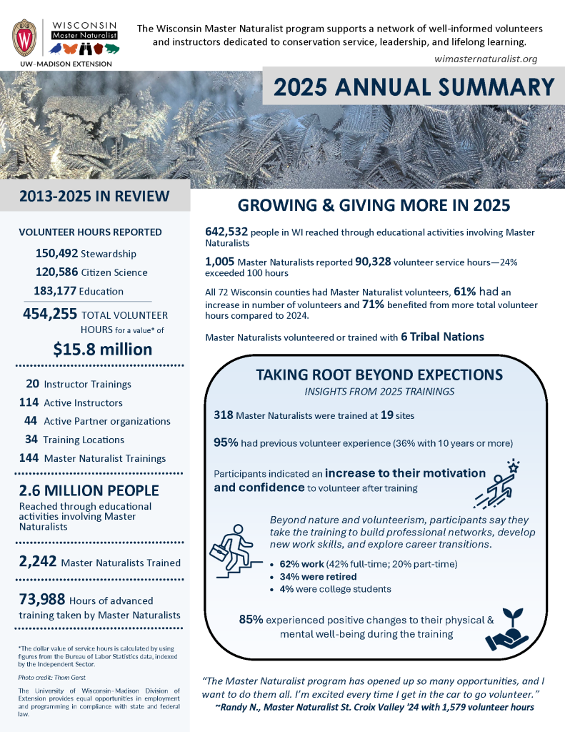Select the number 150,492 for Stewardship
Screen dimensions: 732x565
56,254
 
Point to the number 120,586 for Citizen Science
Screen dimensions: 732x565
56,272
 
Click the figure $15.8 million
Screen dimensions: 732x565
103,349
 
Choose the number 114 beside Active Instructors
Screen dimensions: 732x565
29,402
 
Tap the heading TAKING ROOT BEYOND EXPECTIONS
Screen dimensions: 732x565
379,375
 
